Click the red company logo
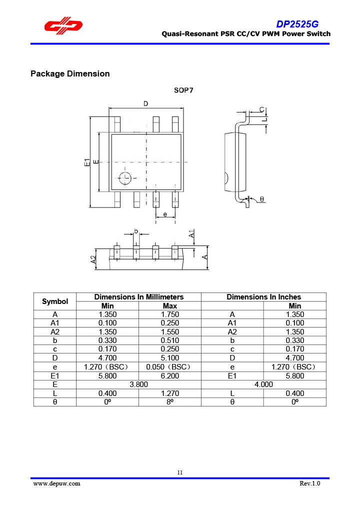(x=62, y=26)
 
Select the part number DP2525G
(x=297, y=24)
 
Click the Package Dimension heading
(x=70, y=74)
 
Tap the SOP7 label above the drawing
(x=183, y=90)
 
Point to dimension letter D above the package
(x=145, y=103)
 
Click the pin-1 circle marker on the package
(x=124, y=177)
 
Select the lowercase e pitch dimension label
(x=165, y=214)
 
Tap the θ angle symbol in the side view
(x=261, y=199)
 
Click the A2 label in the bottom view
(x=93, y=259)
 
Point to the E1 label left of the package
(x=87, y=162)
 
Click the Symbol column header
(x=55, y=301)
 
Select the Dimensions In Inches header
(x=263, y=297)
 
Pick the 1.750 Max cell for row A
(x=169, y=314)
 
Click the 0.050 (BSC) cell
(x=169, y=367)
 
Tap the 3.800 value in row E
(x=138, y=384)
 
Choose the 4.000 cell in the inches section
(x=263, y=384)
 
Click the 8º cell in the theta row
(x=169, y=402)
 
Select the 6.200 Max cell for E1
(x=169, y=375)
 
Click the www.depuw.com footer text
(x=56, y=483)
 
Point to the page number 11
(x=180, y=472)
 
